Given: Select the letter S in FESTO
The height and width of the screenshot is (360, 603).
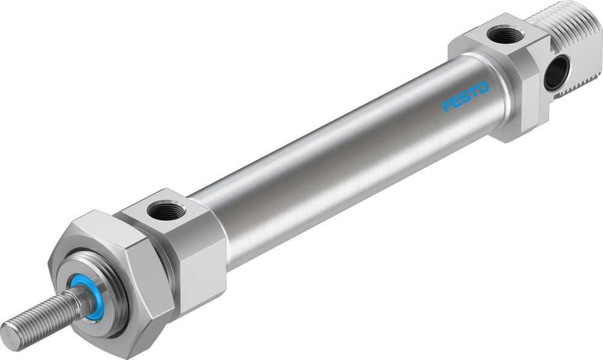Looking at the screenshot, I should pyautogui.click(x=465, y=97).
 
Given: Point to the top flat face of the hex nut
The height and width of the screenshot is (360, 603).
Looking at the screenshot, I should pyautogui.click(x=96, y=229).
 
